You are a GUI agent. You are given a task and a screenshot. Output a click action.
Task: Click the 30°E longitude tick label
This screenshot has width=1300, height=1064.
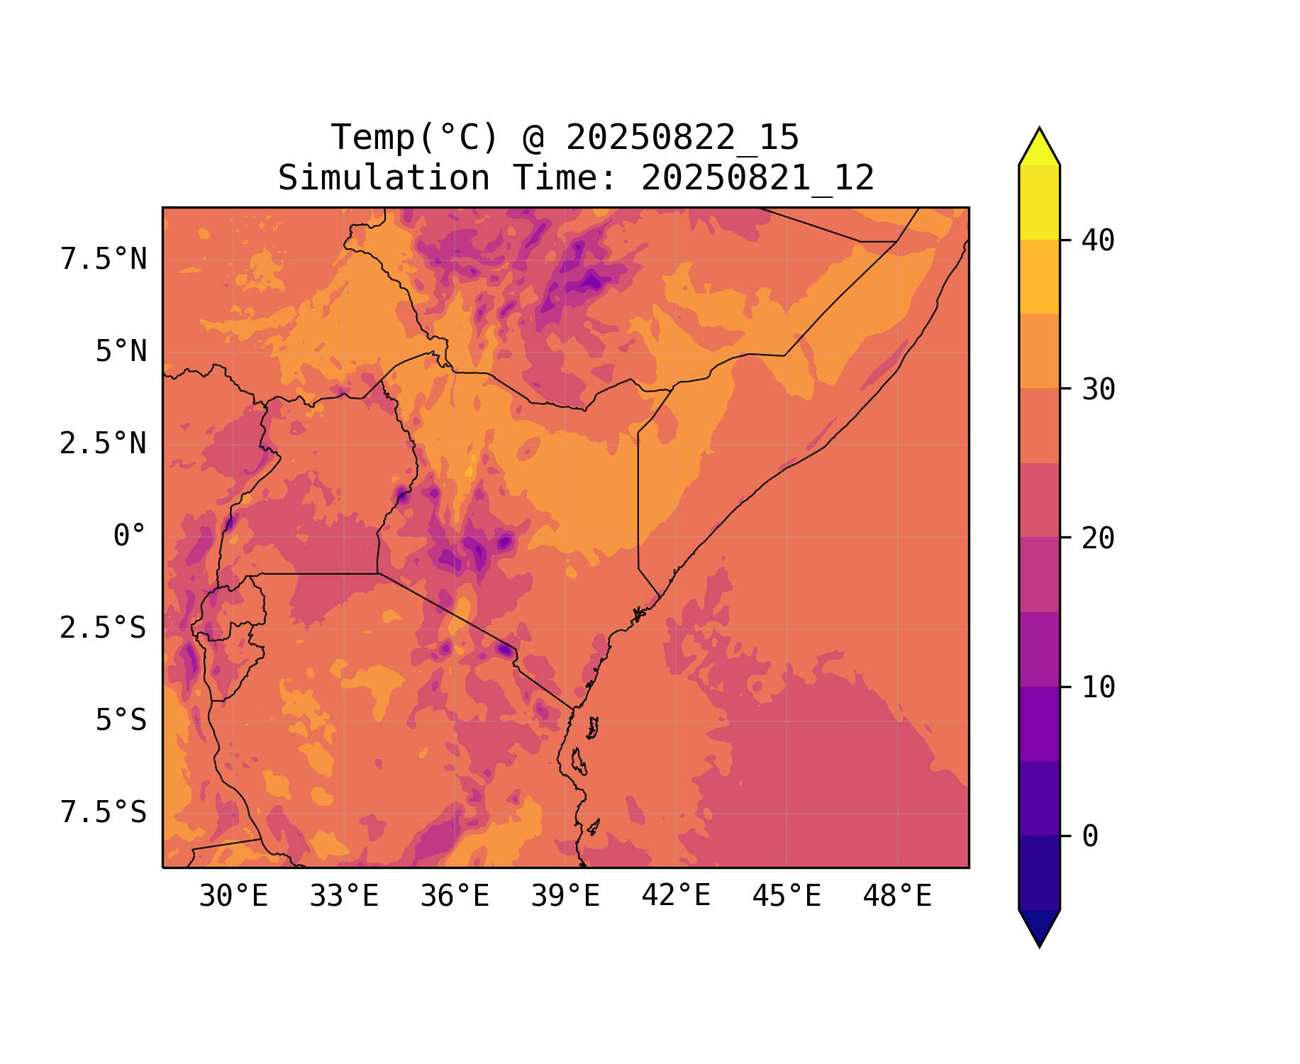(x=233, y=897)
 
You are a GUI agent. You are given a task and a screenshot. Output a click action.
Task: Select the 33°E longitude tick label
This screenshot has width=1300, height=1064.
(x=344, y=897)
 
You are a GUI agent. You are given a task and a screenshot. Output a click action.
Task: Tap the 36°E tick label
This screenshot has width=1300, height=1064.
(x=455, y=897)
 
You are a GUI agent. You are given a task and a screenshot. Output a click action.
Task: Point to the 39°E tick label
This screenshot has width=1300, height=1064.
(x=565, y=897)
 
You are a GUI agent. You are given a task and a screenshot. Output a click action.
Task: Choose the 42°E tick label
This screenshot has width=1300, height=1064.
(x=676, y=896)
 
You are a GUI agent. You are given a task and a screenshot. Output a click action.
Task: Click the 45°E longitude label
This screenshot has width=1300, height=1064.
(x=787, y=897)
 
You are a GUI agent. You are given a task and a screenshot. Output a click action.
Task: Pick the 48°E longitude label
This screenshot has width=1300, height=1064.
(x=897, y=897)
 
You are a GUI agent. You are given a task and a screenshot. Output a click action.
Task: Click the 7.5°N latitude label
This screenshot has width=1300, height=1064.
(x=104, y=260)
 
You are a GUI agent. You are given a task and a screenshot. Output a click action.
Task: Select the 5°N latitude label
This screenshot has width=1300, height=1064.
(x=121, y=352)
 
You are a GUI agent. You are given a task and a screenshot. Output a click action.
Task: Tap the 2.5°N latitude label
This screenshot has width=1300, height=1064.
(x=104, y=444)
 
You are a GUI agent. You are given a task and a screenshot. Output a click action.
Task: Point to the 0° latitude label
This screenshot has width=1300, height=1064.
(x=130, y=536)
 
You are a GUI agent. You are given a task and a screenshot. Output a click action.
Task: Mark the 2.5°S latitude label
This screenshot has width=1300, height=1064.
(x=104, y=628)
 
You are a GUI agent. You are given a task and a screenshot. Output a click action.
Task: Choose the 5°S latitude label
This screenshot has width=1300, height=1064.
(x=121, y=721)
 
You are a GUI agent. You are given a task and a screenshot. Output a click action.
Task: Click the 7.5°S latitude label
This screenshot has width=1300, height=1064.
(x=104, y=813)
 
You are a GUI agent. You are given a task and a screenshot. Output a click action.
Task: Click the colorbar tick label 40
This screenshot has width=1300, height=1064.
(x=1098, y=241)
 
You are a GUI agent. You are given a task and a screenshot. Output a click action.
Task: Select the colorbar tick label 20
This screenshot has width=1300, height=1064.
(x=1098, y=538)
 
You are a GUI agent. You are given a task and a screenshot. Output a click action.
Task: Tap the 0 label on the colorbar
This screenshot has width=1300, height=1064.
(x=1090, y=837)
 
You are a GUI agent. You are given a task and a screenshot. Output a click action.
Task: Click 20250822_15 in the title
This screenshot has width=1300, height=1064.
(x=682, y=138)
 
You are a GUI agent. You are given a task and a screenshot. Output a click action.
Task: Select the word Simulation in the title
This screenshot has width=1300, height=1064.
(x=384, y=178)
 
